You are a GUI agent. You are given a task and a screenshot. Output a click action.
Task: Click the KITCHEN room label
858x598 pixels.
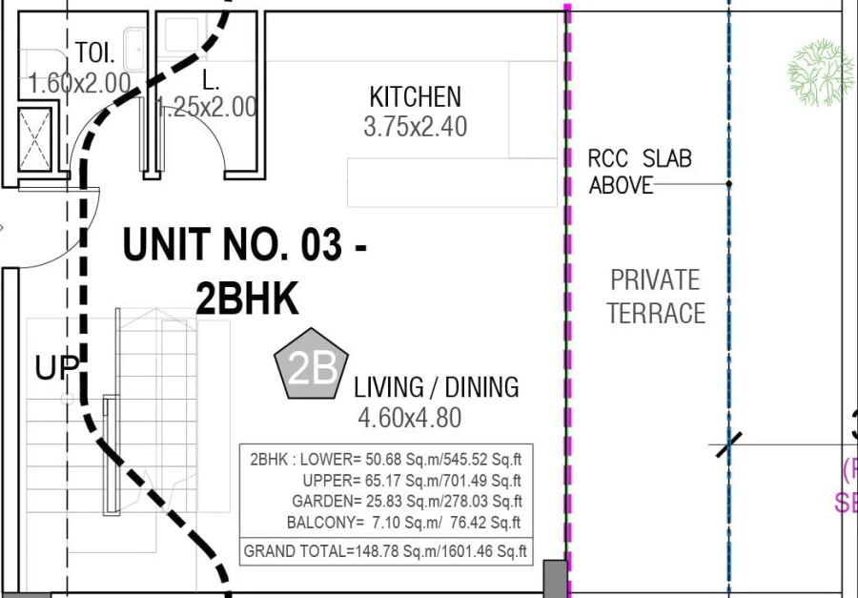point(415,96)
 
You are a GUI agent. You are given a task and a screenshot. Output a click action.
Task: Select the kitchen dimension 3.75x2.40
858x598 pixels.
point(415,126)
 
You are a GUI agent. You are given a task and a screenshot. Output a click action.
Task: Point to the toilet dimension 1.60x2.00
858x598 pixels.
point(80,83)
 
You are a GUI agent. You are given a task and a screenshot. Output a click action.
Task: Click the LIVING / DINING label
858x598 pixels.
point(437,387)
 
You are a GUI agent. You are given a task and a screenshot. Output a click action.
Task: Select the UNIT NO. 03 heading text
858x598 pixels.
point(245,247)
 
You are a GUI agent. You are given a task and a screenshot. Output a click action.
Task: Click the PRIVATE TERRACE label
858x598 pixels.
point(656,297)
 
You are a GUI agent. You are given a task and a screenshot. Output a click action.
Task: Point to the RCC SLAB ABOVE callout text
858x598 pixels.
point(639,172)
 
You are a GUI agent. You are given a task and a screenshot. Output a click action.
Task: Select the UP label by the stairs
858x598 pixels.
point(55,367)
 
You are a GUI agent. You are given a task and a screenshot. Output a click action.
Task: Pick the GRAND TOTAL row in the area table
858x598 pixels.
point(386,551)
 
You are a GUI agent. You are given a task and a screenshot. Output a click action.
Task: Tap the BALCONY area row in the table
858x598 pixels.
point(404,523)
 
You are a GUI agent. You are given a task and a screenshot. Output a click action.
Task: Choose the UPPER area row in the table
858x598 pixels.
point(411,480)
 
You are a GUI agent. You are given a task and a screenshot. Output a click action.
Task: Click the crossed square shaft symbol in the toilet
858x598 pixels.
point(35,141)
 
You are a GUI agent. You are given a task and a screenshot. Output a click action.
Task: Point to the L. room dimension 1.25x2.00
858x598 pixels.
point(207,107)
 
